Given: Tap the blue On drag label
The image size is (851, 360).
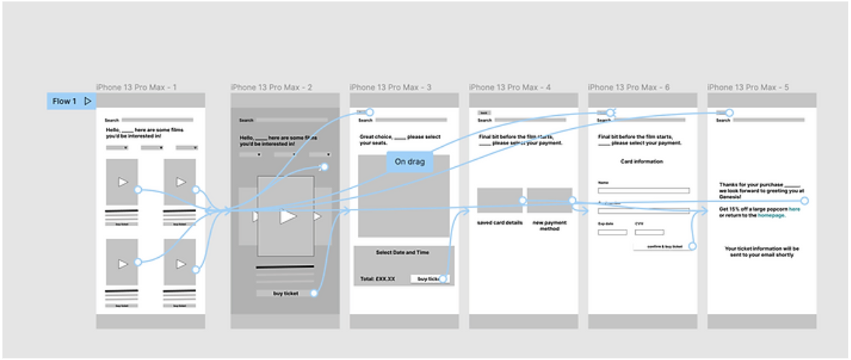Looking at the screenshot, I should point(410,162).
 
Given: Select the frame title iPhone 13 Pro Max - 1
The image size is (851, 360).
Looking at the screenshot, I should point(137,88).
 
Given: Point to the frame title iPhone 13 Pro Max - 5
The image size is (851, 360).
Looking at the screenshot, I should point(748,88).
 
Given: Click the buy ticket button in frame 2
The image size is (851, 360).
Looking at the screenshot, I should point(285,293).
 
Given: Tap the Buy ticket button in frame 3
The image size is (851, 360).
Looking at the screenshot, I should point(428,279).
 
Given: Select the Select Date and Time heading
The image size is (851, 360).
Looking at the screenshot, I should point(403,253).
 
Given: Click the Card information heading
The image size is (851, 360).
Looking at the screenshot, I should point(641,162).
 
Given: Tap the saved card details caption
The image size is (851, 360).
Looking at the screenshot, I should point(499,223).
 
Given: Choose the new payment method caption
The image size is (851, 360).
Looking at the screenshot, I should point(549,225).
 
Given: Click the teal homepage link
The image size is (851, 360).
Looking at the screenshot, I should point(772,215).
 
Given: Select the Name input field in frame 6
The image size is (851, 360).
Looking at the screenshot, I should point(643,191).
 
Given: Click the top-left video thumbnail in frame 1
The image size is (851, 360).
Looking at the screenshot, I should point(122,182).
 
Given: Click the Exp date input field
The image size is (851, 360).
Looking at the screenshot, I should point(612,232).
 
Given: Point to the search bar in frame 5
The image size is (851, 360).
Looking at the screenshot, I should point(768,120).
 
